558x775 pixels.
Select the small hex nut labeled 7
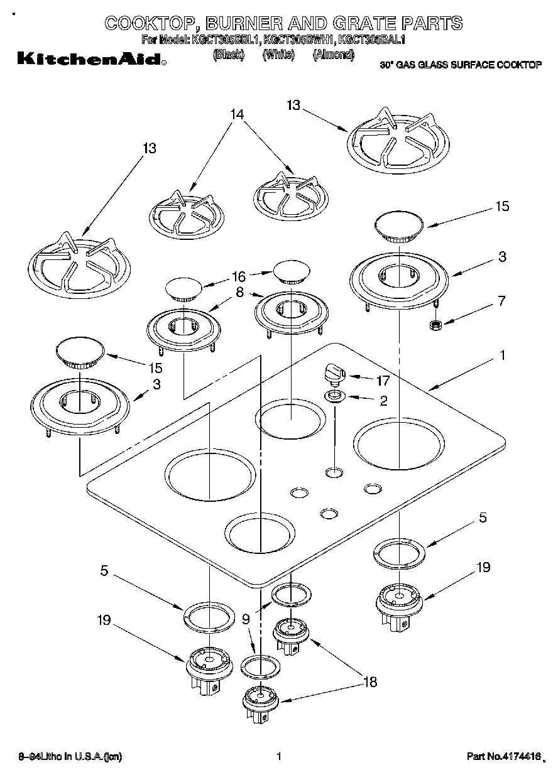point(433,325)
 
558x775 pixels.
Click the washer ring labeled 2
point(333,396)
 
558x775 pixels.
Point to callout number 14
point(236,115)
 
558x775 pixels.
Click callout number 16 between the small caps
point(238,275)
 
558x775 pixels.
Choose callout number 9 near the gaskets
point(246,619)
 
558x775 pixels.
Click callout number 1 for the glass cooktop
point(502,355)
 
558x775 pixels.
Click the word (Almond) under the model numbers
point(333,55)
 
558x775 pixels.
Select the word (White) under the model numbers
point(278,55)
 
